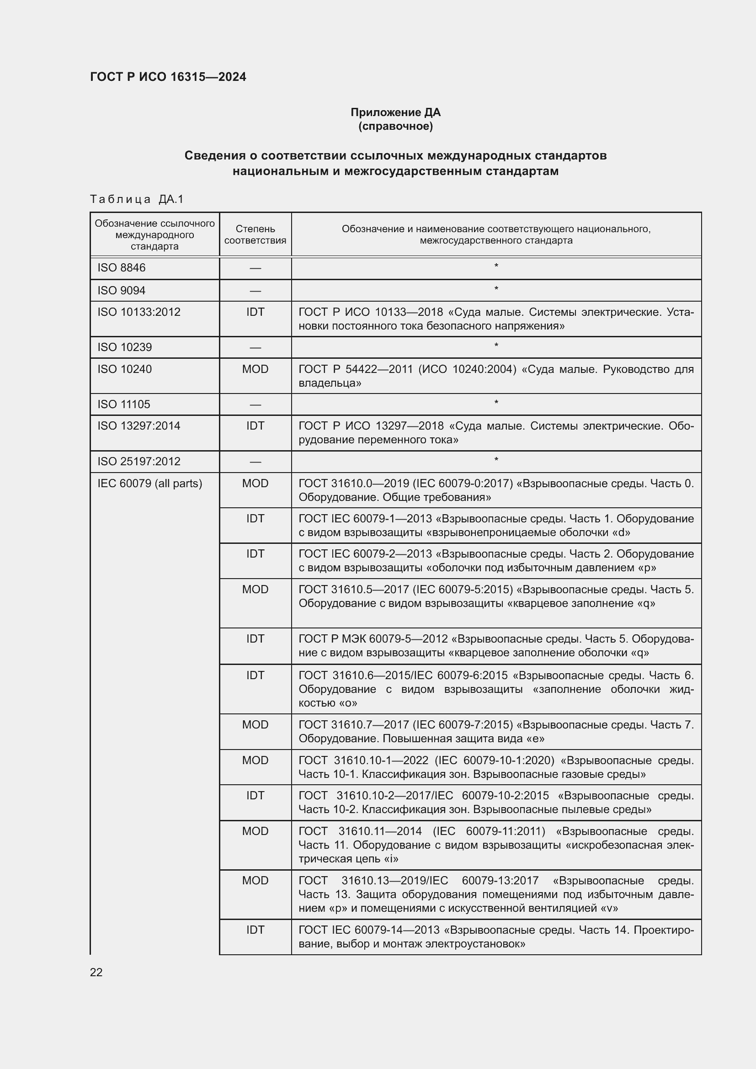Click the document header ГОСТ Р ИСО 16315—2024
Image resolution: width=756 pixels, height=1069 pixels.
coord(168,77)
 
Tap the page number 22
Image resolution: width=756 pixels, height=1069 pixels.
coord(96,972)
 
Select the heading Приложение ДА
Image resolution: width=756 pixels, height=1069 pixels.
coord(395,112)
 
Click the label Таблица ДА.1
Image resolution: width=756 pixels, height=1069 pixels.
coord(137,199)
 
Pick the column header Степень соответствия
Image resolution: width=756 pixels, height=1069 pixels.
coord(255,234)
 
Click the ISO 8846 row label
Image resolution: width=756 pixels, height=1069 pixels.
coord(122,268)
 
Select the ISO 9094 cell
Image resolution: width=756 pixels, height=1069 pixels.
coord(122,291)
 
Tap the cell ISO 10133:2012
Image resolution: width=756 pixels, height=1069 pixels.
coord(139,312)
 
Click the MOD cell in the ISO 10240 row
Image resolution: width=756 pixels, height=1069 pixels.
coord(255,369)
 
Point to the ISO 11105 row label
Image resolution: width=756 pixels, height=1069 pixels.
coord(124,404)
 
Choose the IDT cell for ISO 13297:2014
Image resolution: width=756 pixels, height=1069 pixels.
coord(255,426)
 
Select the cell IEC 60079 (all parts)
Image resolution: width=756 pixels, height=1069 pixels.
coord(150,483)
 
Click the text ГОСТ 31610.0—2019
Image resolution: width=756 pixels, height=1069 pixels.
coord(354,483)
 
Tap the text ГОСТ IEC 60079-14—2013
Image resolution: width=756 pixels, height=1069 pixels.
coord(369,930)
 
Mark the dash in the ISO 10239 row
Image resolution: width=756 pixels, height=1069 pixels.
coord(255,348)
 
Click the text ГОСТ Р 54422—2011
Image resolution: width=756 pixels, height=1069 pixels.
coord(356,369)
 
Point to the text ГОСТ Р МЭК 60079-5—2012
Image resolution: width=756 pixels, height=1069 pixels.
coord(373,639)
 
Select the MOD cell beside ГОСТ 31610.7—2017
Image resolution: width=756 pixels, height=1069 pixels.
coord(255,724)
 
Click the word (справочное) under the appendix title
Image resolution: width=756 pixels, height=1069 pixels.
coord(395,127)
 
